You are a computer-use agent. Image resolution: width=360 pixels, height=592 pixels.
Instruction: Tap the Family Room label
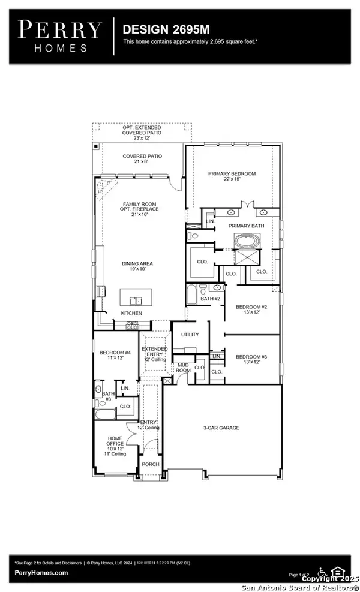point(140,209)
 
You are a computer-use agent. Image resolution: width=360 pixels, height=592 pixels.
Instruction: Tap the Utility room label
point(190,335)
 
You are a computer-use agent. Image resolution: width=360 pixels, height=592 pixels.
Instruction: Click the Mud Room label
point(182,368)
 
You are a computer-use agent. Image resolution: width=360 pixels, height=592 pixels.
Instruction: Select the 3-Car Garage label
point(221,428)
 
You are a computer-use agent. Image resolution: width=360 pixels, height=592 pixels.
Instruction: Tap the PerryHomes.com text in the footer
point(41,573)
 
